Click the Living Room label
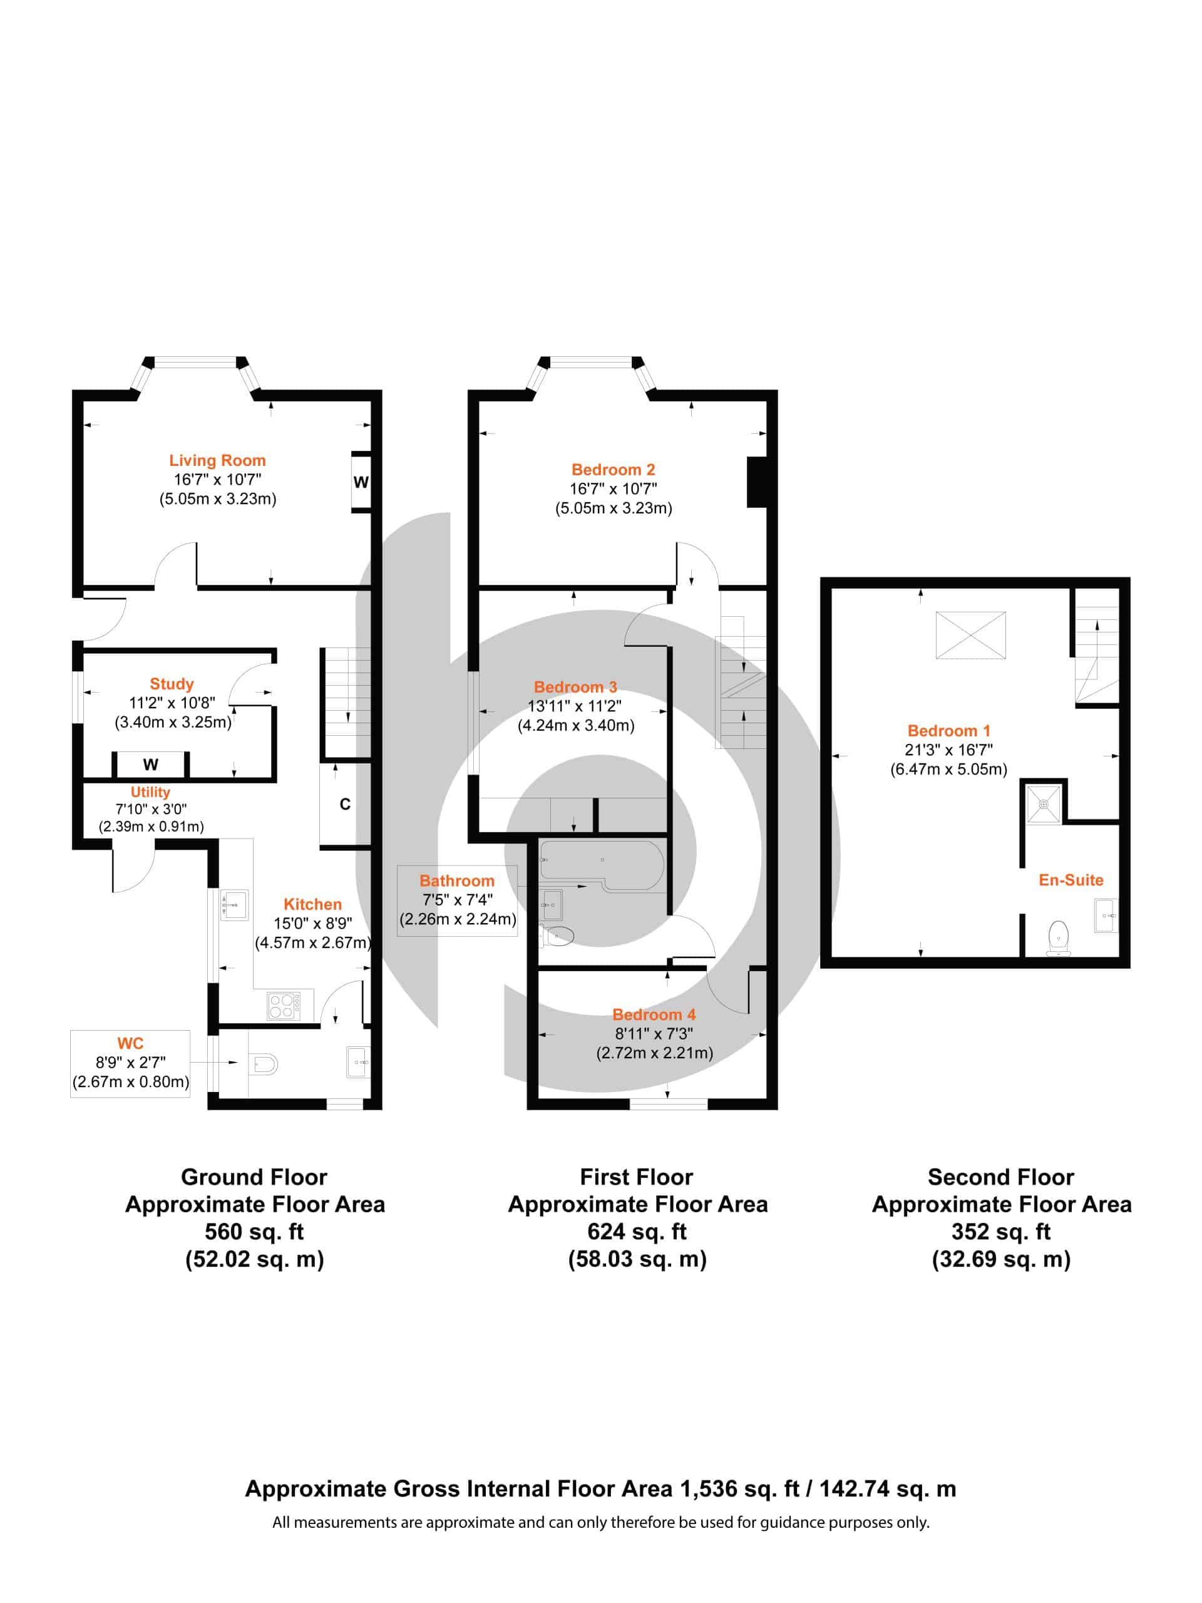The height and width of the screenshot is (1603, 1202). click(217, 460)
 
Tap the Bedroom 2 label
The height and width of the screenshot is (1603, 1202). click(613, 470)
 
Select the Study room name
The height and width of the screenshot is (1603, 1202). click(172, 684)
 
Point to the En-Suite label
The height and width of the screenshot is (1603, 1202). click(1071, 880)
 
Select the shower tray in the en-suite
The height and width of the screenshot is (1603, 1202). click(1044, 803)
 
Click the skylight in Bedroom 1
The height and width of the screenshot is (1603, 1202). click(970, 636)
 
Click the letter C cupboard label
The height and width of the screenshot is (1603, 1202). click(345, 805)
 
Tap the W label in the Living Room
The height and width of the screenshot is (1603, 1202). click(361, 482)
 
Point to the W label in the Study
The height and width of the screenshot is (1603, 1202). click(151, 765)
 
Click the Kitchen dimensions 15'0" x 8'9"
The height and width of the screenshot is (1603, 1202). click(313, 923)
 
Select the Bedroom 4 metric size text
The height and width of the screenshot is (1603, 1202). click(654, 1053)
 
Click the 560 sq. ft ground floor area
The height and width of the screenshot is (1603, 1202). click(254, 1231)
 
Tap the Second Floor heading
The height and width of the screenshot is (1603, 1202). click(1000, 1177)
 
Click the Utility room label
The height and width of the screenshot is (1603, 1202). click(150, 792)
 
